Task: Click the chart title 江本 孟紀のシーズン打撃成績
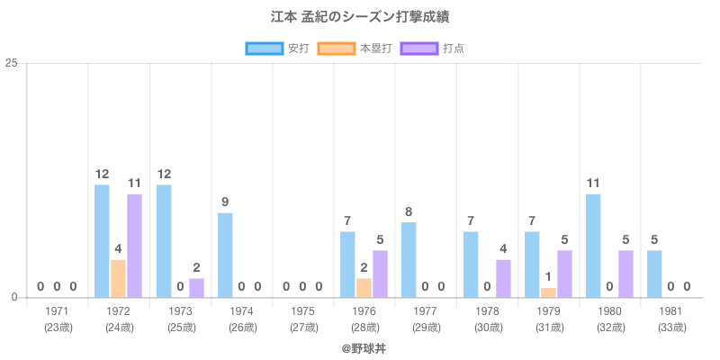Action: pyautogui.click(x=360, y=17)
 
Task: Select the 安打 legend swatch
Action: pyautogui.click(x=264, y=48)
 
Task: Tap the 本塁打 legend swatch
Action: pyautogui.click(x=335, y=48)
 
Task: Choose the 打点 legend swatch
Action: pyautogui.click(x=419, y=48)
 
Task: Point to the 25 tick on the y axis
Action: pyautogui.click(x=12, y=63)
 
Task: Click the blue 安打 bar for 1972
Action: pyautogui.click(x=102, y=240)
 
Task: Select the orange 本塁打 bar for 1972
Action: pyautogui.click(x=118, y=278)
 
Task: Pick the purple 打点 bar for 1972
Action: pyautogui.click(x=134, y=245)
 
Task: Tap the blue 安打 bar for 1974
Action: pyautogui.click(x=225, y=255)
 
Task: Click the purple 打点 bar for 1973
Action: pyautogui.click(x=196, y=288)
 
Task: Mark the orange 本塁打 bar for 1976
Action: pyautogui.click(x=364, y=288)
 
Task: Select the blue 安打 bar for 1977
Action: pyautogui.click(x=409, y=259)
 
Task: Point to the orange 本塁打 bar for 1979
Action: pyautogui.click(x=548, y=292)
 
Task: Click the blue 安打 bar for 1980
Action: pyautogui.click(x=593, y=245)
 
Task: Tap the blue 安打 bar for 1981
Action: pyautogui.click(x=654, y=274)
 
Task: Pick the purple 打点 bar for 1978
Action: pyautogui.click(x=503, y=278)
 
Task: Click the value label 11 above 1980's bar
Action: pyautogui.click(x=593, y=184)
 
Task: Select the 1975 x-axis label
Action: pyautogui.click(x=303, y=311)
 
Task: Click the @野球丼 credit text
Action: pyautogui.click(x=360, y=347)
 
